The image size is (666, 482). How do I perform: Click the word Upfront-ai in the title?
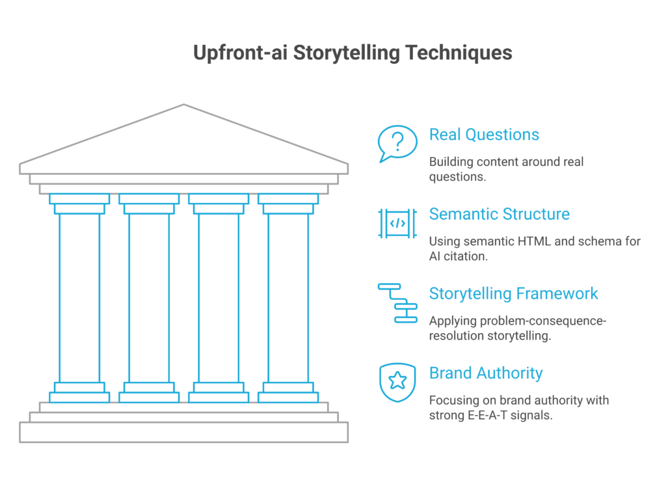tap(241, 53)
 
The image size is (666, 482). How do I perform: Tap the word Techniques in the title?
tap(459, 53)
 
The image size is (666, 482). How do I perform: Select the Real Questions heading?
tap(484, 135)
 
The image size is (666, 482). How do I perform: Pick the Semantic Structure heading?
tap(499, 214)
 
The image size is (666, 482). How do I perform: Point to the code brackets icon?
tap(397, 223)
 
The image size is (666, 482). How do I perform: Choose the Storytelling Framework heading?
tap(513, 293)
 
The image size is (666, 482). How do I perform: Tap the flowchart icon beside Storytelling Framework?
tap(397, 303)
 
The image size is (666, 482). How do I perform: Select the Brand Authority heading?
tap(486, 373)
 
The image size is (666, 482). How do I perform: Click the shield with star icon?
tap(397, 382)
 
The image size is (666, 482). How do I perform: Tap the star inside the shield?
tap(397, 381)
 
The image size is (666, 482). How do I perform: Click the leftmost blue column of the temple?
tap(79, 298)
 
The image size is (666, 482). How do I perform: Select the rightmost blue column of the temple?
tap(288, 298)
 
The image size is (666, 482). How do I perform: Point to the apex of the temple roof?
tap(184, 105)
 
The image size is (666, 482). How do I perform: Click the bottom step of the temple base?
tap(184, 433)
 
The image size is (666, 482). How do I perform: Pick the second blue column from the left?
tap(149, 298)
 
